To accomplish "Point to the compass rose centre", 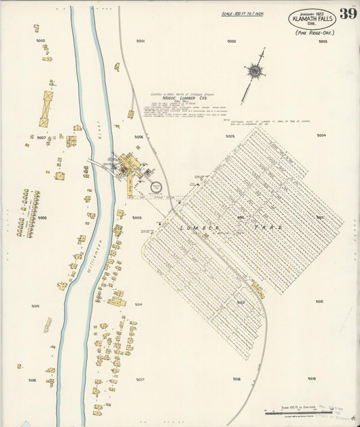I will coord(255,70).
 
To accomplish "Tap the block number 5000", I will coord(41,41).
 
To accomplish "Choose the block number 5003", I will coord(322,41).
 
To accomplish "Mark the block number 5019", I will coord(311,379).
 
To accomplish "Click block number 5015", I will coord(35,306).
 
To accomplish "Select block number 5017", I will coord(140,380).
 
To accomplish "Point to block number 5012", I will coord(319,301).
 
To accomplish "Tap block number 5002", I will coord(232,41).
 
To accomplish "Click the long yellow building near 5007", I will coord(46,109).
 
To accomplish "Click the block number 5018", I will coord(236,380).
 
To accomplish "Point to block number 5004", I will coord(321,135).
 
